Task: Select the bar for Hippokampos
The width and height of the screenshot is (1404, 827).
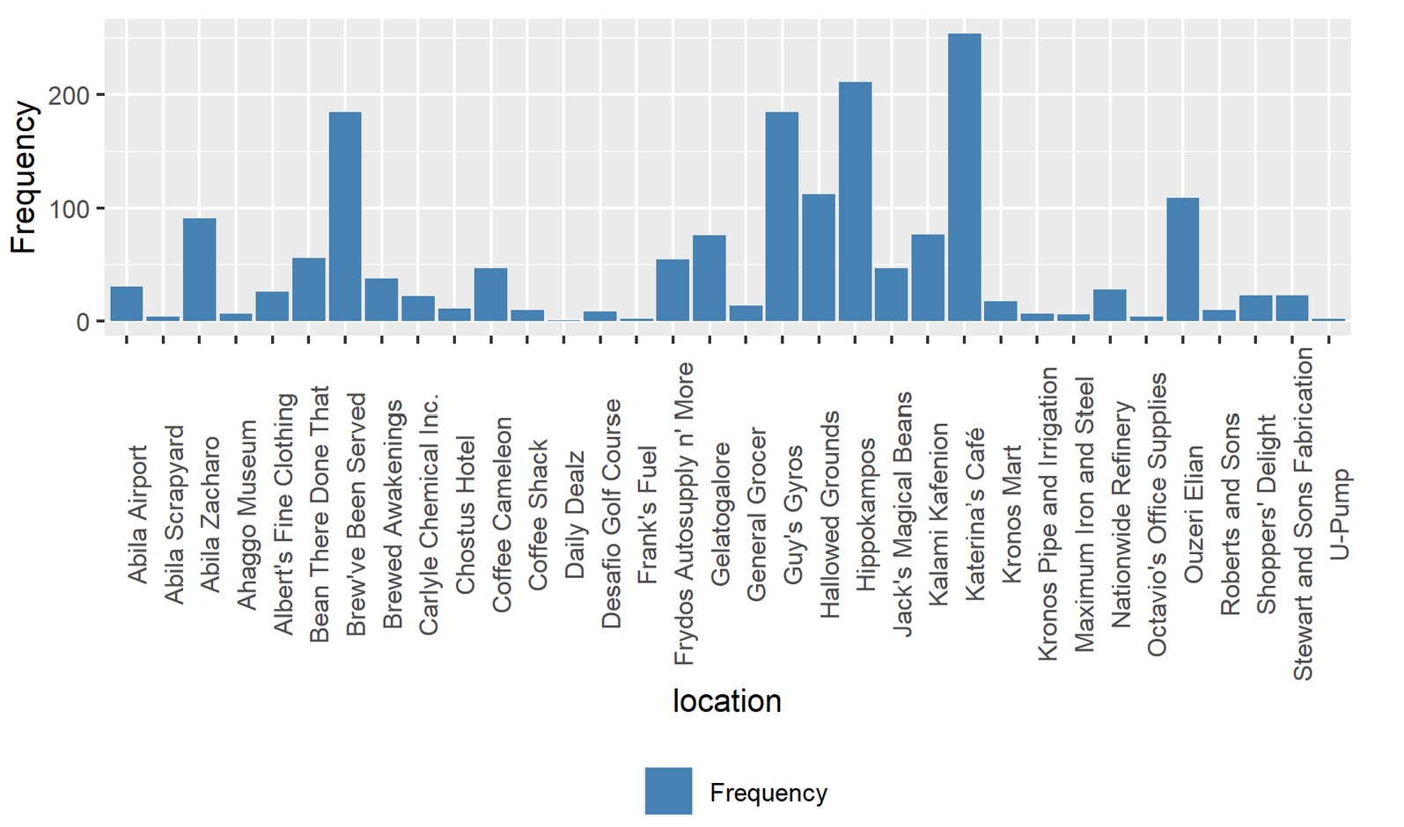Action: (855, 201)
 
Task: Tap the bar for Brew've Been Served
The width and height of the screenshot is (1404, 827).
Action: (345, 216)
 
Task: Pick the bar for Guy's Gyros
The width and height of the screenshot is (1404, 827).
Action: (782, 216)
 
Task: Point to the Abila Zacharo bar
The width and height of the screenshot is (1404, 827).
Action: (200, 269)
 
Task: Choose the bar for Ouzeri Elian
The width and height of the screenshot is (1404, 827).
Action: (1183, 260)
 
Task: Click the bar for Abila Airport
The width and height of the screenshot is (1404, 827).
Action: (127, 304)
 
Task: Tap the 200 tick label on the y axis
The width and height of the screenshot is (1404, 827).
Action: (70, 95)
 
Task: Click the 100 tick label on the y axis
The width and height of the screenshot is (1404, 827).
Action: (70, 209)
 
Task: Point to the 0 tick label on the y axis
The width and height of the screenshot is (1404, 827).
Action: (83, 322)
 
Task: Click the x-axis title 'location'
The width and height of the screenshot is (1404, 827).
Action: (726, 701)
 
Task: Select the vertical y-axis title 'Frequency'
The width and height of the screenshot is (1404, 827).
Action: (24, 178)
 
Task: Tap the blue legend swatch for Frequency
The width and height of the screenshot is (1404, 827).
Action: (668, 791)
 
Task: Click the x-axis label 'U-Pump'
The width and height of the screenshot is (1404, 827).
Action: (1339, 515)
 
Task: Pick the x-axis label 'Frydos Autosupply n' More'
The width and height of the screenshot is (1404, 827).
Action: (684, 514)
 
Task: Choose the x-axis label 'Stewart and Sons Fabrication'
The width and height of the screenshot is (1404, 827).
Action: (1303, 514)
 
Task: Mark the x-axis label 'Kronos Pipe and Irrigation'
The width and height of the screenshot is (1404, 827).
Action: (1047, 514)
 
